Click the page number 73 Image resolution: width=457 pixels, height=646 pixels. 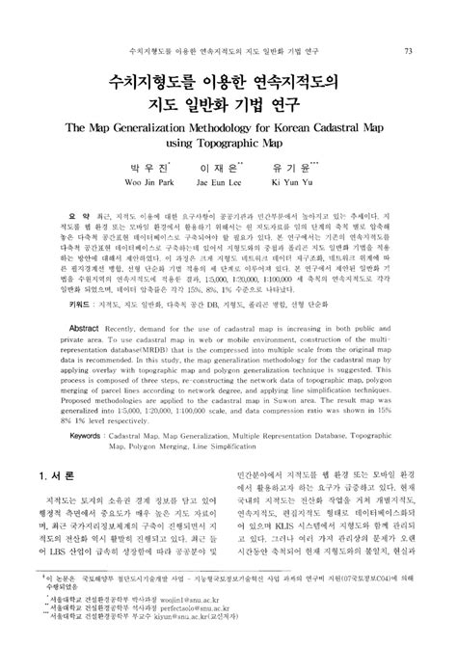(409, 50)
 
